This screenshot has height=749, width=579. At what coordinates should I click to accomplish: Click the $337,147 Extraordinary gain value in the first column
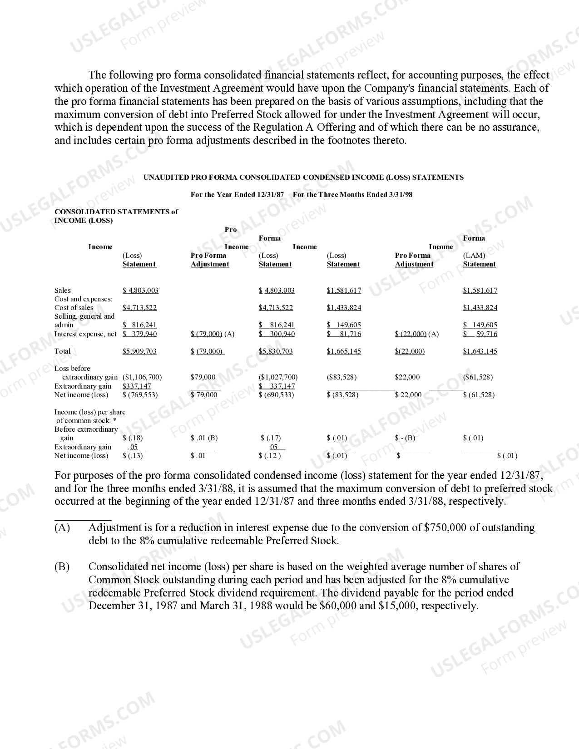point(137,386)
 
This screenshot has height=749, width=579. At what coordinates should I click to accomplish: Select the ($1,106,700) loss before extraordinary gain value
point(142,377)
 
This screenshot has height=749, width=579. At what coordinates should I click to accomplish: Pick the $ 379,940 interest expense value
point(139,334)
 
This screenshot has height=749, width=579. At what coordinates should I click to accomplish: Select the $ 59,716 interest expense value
point(480,334)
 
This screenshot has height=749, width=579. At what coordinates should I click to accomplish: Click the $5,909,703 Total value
point(139,351)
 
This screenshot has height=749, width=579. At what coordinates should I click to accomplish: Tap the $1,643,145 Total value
point(480,351)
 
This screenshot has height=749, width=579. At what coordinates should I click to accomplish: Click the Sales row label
point(63,291)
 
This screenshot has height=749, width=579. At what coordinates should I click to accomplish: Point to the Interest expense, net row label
point(85,334)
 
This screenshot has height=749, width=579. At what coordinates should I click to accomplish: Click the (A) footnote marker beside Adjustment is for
point(62,527)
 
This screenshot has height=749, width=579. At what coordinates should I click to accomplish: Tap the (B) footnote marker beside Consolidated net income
point(62,567)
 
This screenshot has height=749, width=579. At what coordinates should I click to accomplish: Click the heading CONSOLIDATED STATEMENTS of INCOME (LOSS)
point(116,216)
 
